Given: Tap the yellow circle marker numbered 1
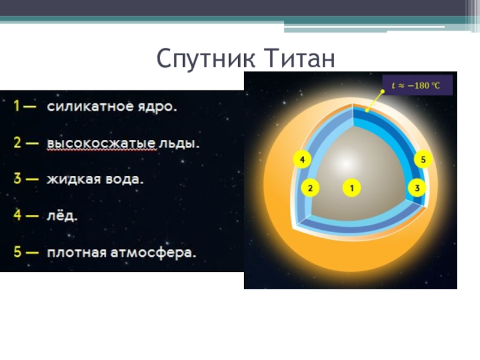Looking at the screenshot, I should (x=352, y=188).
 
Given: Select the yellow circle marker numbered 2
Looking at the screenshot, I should (x=310, y=188).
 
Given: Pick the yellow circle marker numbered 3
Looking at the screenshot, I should (x=417, y=188).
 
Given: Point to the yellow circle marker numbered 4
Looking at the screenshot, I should (x=302, y=160).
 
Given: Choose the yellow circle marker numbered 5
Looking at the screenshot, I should (x=423, y=160).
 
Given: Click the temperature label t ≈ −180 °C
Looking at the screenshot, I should (x=416, y=86).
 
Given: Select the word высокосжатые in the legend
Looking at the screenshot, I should (x=101, y=144).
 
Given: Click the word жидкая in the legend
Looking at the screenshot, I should (x=73, y=179).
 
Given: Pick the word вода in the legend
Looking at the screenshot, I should (x=124, y=179).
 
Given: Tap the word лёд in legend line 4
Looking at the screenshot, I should (x=62, y=216).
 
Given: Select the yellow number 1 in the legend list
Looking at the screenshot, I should (x=16, y=107).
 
